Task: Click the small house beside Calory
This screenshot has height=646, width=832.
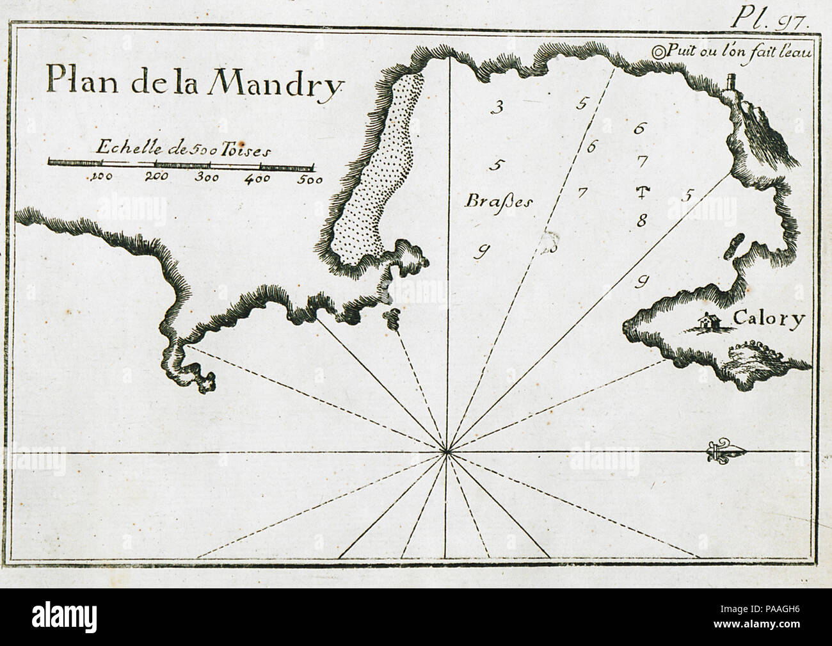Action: (x=707, y=322)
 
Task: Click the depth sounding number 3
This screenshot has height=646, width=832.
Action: (x=495, y=106)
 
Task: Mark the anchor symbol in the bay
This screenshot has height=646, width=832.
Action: (x=644, y=191)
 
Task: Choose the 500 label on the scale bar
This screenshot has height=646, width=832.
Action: (x=309, y=179)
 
